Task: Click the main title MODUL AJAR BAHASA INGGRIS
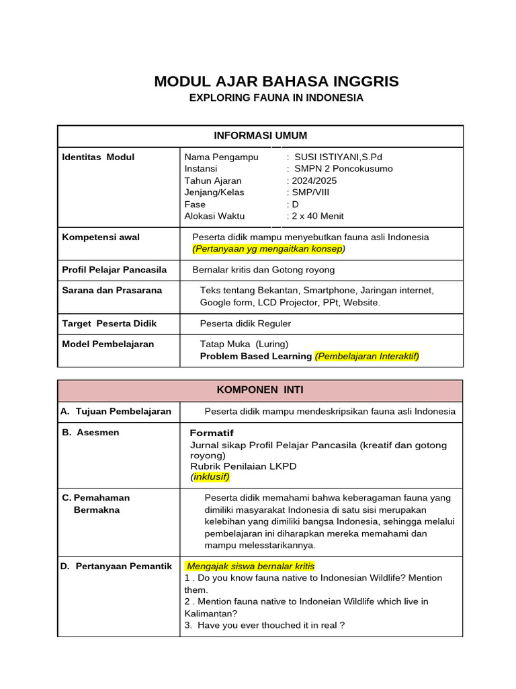(x=276, y=81)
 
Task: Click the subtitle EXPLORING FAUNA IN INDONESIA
(x=276, y=98)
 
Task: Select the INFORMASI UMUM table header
(x=260, y=135)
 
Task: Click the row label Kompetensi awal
(x=101, y=237)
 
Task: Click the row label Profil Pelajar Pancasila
(x=114, y=270)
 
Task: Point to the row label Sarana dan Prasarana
(x=112, y=290)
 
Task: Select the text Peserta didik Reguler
(x=245, y=324)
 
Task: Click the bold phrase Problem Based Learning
(x=256, y=356)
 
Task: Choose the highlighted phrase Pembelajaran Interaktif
(x=367, y=356)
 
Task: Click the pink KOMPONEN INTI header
(x=260, y=390)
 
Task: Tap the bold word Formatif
(x=212, y=433)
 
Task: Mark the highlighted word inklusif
(x=210, y=477)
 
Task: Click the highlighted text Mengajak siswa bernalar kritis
(x=251, y=566)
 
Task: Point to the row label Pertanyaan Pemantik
(x=116, y=566)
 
